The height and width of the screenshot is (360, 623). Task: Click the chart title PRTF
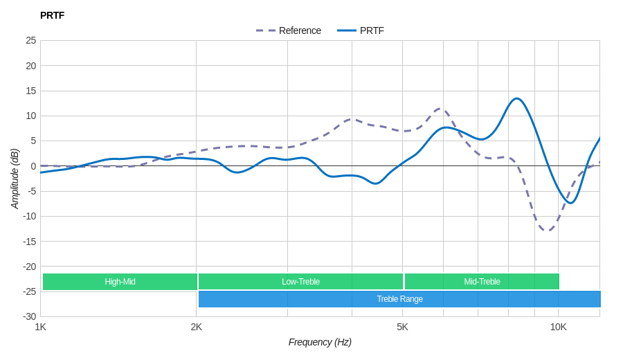pos(52,15)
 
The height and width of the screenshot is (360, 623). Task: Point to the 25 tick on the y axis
pos(31,40)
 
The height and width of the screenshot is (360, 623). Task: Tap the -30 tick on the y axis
pos(29,316)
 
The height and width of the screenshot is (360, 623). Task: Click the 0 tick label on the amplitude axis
pos(33,166)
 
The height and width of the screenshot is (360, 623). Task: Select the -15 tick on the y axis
pos(29,241)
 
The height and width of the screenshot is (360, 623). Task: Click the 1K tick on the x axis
pos(41,327)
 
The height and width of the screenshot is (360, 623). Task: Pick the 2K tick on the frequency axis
pos(197,327)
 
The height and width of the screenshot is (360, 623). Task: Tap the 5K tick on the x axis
pos(402,327)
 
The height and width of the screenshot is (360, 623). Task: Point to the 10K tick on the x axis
pos(558,327)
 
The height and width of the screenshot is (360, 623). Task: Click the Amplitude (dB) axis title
pos(15,179)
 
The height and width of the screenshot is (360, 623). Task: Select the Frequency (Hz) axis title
pos(320,342)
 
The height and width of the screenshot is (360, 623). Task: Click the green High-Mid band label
pos(120,282)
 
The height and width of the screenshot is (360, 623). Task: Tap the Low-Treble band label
pos(300,282)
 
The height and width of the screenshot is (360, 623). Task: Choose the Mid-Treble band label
pos(482,282)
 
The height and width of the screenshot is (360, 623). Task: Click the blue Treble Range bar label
pos(399,299)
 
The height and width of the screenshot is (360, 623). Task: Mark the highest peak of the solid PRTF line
pos(516,98)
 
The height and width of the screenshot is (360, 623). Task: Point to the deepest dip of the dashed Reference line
pos(547,231)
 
